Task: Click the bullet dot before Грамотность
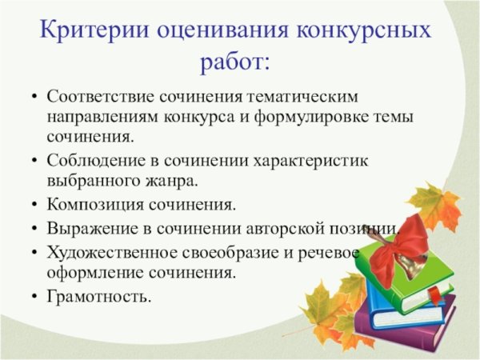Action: tap(33, 298)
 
